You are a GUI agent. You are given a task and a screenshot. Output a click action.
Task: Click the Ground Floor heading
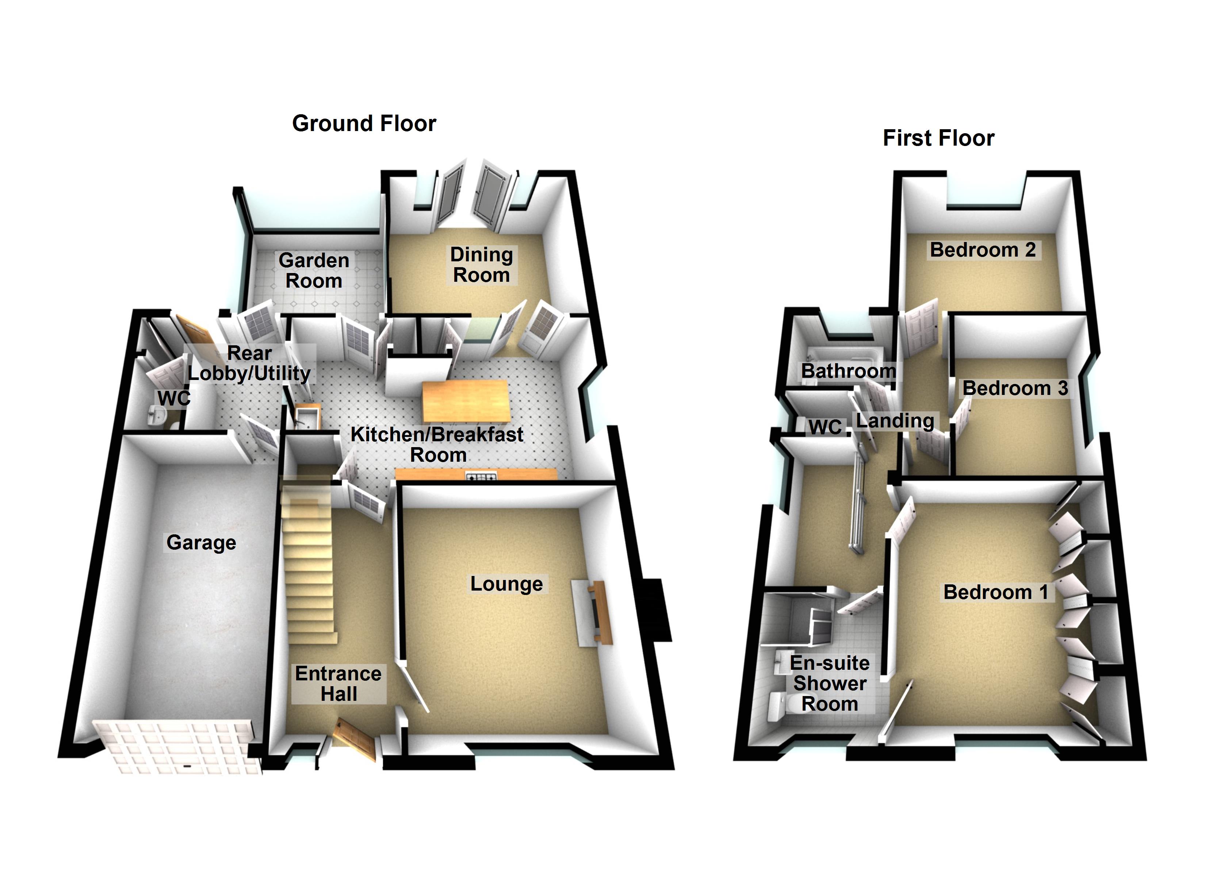(364, 123)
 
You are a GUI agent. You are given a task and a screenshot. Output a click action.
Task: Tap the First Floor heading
(938, 138)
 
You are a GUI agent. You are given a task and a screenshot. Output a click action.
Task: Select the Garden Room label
(314, 270)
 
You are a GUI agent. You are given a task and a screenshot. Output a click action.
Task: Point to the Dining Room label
(481, 265)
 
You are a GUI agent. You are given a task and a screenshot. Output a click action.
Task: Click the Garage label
(201, 542)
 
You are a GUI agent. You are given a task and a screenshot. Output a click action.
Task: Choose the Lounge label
(506, 584)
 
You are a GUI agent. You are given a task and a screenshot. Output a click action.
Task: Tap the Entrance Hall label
(338, 684)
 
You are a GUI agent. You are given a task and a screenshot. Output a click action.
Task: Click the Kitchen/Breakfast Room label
(437, 445)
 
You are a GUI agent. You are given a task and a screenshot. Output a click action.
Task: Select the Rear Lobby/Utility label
(249, 364)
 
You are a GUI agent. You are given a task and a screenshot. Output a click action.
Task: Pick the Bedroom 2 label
(983, 250)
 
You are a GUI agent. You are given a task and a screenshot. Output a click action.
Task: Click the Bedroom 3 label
(1015, 388)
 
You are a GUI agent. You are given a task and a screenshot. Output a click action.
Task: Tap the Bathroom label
(848, 371)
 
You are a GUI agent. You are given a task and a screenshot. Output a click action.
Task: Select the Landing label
(895, 421)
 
